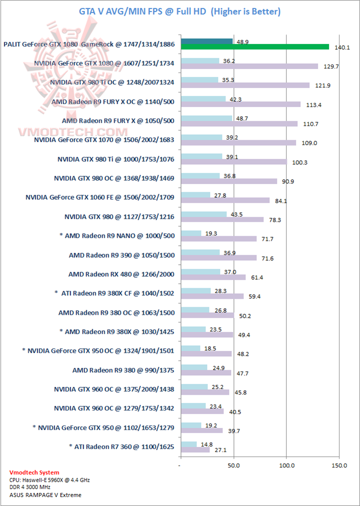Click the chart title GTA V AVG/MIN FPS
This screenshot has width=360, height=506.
point(179,11)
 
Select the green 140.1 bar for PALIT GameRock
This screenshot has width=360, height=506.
point(255,47)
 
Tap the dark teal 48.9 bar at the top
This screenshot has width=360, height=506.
point(207,41)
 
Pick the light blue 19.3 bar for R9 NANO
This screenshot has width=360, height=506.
point(191,233)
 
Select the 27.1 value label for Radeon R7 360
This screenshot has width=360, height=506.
point(220,449)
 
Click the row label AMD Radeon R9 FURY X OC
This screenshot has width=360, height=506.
point(113,102)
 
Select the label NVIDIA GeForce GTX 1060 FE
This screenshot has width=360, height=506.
point(100,197)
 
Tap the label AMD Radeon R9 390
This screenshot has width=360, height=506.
point(121,255)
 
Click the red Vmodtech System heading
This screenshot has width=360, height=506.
point(34,472)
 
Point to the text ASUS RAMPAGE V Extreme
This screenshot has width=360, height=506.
point(45,495)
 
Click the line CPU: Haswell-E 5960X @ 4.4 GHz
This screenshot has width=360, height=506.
point(49,480)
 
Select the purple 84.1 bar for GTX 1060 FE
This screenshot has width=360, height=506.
point(225,200)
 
